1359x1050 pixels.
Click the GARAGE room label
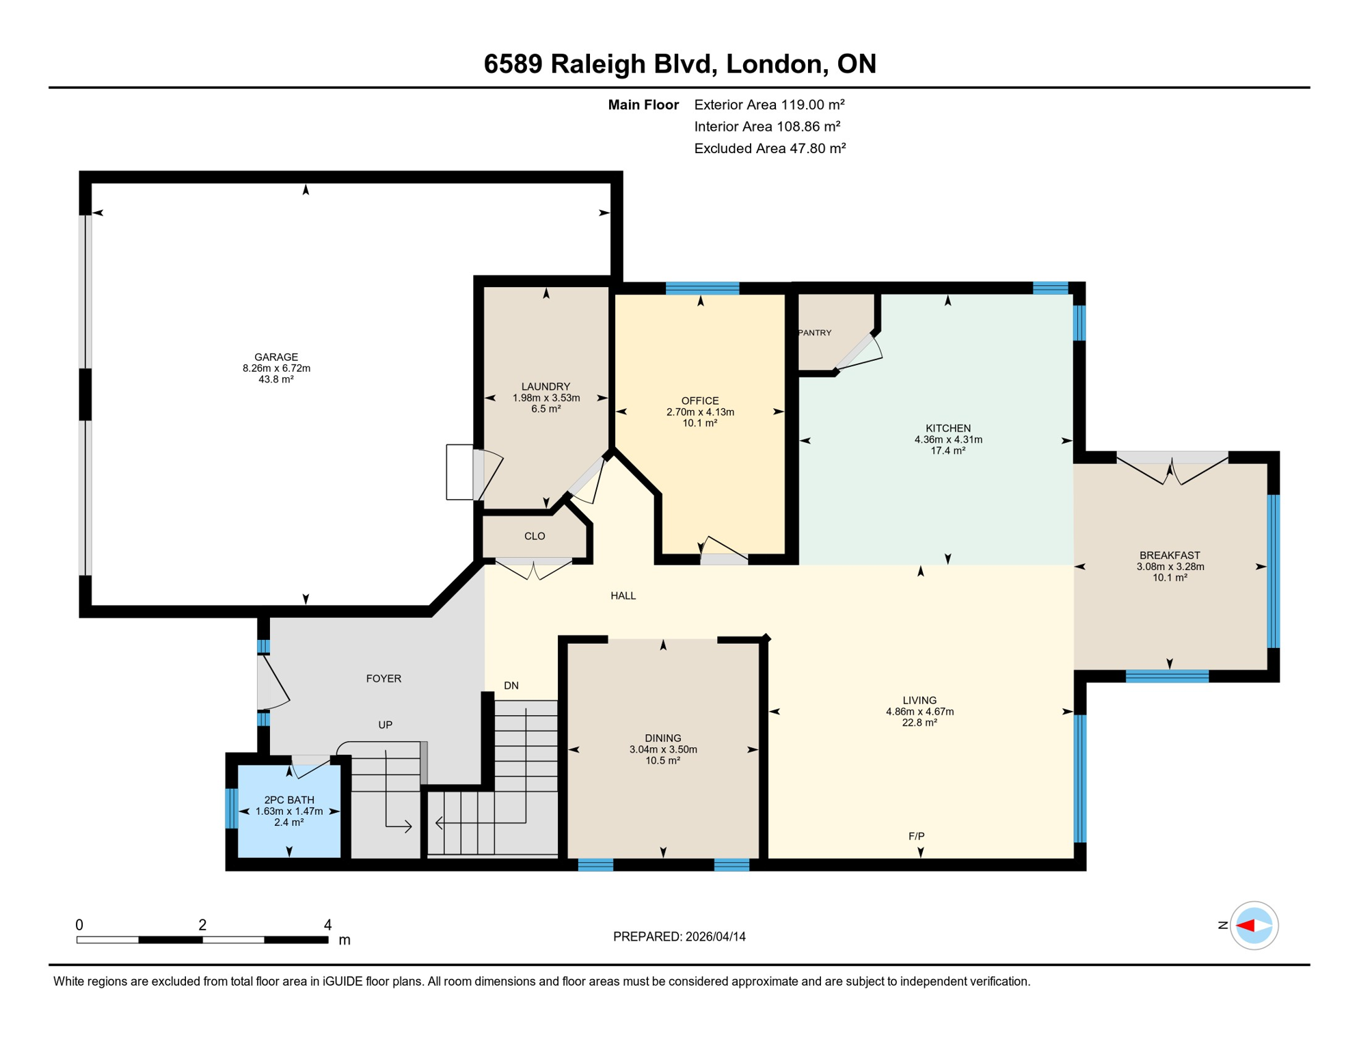[276, 357]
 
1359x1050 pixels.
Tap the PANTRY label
[816, 333]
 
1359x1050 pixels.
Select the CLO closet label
[535, 536]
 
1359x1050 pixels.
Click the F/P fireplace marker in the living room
[916, 836]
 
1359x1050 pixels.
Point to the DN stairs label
[511, 686]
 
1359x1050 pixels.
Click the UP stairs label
[386, 725]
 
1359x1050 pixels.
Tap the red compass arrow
[1245, 926]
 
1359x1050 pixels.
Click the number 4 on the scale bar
[327, 925]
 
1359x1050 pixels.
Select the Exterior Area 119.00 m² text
[769, 105]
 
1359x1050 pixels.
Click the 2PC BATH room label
[289, 800]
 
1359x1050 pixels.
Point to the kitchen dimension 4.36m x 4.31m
[948, 440]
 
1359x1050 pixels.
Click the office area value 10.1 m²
[700, 423]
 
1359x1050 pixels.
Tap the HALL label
[623, 596]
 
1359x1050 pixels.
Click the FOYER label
[384, 679]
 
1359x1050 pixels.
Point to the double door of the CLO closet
[533, 568]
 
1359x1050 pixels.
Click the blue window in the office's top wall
[702, 288]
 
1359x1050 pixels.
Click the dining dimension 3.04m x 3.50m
[663, 749]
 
